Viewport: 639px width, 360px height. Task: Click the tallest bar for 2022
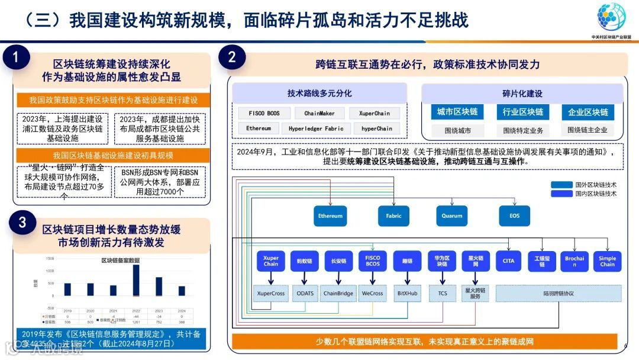click(136, 280)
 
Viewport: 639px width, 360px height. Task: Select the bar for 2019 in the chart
click(67, 290)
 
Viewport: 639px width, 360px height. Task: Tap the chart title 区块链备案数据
click(121, 261)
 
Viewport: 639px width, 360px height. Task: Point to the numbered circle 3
click(22, 223)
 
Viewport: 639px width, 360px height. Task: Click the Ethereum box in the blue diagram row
click(330, 216)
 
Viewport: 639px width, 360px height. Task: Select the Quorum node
click(452, 216)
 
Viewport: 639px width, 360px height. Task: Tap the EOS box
click(514, 216)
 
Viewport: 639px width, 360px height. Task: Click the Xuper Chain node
click(271, 261)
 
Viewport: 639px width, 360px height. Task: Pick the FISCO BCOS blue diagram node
click(373, 261)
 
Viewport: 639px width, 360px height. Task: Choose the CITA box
click(509, 261)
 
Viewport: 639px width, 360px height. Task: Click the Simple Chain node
click(607, 261)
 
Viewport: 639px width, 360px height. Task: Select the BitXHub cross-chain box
click(408, 293)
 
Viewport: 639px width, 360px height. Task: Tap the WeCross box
click(373, 293)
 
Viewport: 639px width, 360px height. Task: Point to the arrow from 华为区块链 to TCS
click(443, 278)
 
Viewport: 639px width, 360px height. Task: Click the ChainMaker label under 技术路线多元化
click(319, 113)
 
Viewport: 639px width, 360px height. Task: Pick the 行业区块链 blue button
click(523, 112)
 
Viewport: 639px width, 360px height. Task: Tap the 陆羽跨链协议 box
click(559, 293)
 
